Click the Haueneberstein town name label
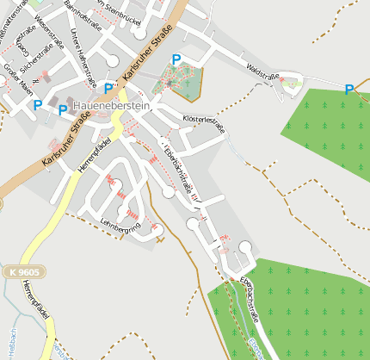[111, 106]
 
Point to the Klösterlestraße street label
[204, 123]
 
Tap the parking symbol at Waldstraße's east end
[348, 89]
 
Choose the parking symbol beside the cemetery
[176, 59]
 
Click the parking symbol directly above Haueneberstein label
[109, 89]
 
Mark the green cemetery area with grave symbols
[179, 83]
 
